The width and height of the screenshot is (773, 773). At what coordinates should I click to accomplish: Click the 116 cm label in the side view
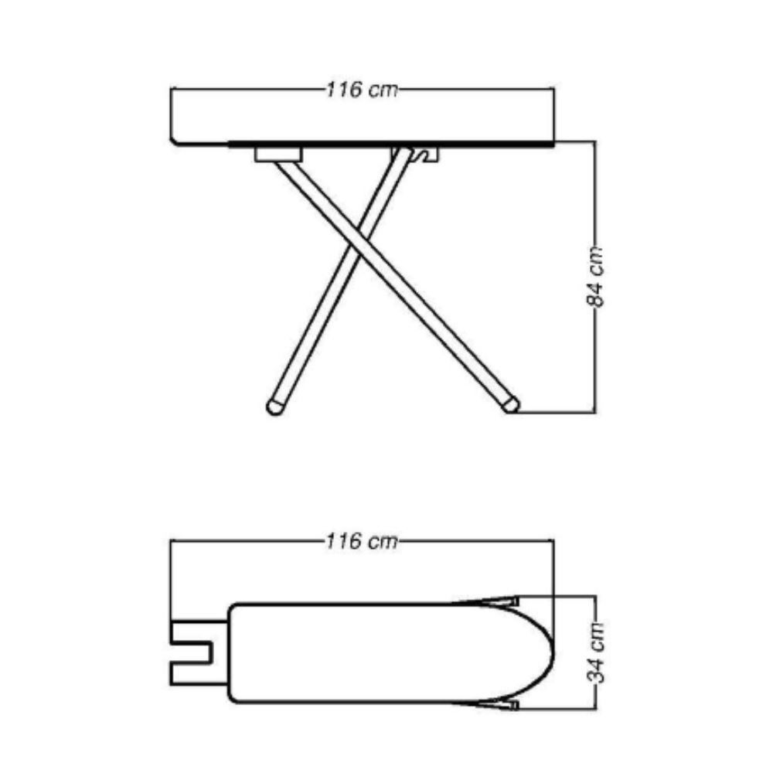(x=362, y=90)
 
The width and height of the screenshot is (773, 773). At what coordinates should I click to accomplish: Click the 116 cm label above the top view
(x=362, y=542)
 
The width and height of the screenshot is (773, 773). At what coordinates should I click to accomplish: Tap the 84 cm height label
(x=596, y=277)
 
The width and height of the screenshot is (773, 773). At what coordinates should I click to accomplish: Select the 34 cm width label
(x=596, y=652)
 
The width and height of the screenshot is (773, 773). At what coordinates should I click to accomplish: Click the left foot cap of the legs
(x=274, y=407)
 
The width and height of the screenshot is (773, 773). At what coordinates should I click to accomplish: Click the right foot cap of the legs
(x=511, y=405)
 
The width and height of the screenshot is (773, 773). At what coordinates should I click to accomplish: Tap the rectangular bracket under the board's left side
(x=278, y=154)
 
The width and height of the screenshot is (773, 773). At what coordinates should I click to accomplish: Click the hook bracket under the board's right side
(x=424, y=154)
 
